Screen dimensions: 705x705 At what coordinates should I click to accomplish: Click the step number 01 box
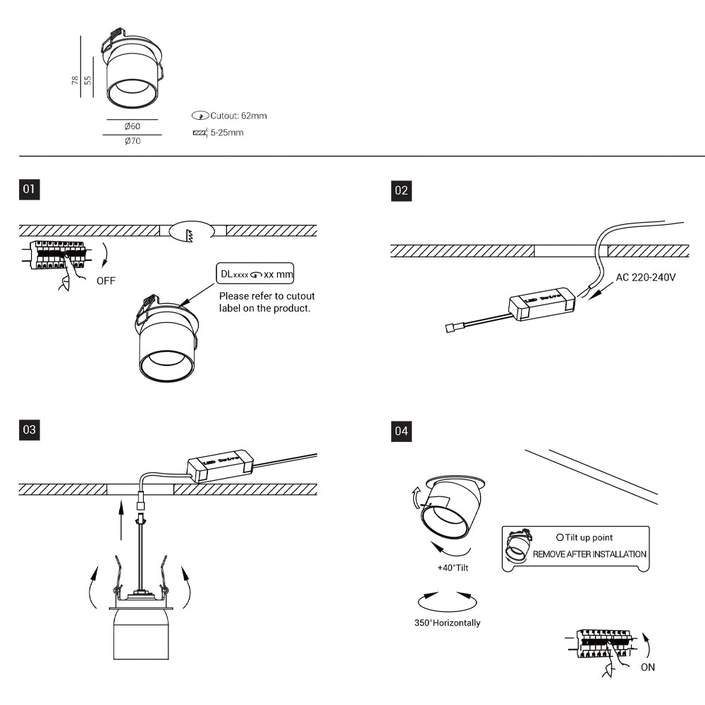coord(29,189)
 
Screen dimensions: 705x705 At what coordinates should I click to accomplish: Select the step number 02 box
coord(401,190)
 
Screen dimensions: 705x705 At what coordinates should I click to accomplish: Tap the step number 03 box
coord(29,429)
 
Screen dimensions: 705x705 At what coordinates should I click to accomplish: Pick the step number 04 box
coord(401,430)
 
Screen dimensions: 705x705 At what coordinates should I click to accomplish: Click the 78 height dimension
coord(75,80)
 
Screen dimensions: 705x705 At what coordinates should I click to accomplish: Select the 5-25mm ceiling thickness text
coord(226,133)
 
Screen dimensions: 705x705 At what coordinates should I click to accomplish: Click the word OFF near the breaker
coord(106,281)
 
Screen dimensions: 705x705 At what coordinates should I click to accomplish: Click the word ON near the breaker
coord(648,667)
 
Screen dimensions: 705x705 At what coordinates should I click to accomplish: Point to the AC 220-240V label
coord(646,277)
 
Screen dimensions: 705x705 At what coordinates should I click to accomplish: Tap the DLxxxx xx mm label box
coord(255,274)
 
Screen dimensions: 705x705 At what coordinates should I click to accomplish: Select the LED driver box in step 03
coord(220,464)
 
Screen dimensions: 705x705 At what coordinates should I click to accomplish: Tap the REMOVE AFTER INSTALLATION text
coord(589,554)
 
